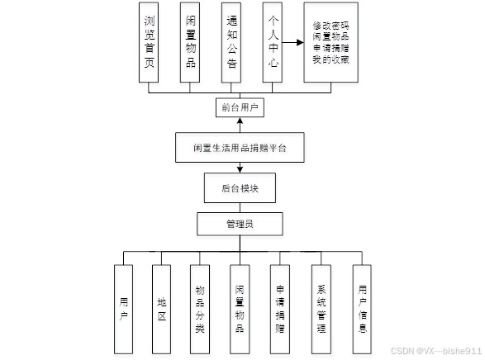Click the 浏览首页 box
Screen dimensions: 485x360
(149, 42)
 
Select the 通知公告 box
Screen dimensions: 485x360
(231, 43)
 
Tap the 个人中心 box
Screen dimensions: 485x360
(272, 42)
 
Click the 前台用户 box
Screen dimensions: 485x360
(240, 107)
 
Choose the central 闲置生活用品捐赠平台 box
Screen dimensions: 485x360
(240, 148)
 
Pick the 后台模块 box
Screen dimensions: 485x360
(240, 188)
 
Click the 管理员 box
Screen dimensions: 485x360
(240, 224)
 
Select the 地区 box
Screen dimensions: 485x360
(161, 309)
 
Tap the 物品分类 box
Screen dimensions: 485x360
(200, 309)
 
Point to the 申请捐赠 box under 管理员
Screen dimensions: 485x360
(280, 309)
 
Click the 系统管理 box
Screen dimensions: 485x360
(321, 309)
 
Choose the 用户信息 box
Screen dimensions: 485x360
(362, 309)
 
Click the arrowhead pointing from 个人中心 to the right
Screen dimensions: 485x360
(300, 42)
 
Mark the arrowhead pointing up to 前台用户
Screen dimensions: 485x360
(240, 121)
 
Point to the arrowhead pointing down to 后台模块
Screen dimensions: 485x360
(240, 169)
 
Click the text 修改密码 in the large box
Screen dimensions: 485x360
(330, 26)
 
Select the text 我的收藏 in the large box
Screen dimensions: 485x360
(330, 59)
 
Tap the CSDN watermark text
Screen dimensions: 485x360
(436, 351)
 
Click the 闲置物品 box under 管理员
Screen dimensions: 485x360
(240, 309)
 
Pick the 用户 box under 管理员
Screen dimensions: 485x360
(123, 309)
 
